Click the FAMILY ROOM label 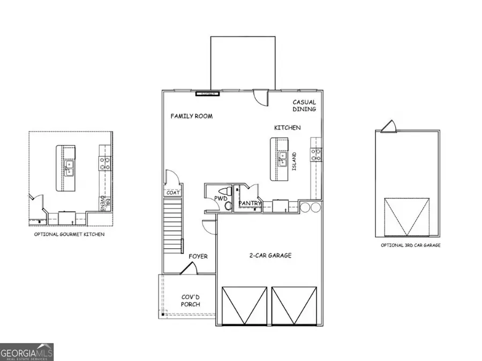(191, 116)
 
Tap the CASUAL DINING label (304, 105)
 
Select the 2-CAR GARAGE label (270, 256)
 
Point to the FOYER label (198, 257)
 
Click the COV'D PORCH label (190, 301)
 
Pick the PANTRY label (250, 203)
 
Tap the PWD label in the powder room (221, 199)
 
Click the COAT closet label (172, 193)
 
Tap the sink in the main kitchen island (282, 157)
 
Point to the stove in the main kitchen (317, 155)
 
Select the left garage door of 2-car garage (244, 305)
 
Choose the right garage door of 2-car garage (293, 305)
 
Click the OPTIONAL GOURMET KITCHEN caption (69, 234)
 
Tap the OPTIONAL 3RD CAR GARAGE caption (411, 245)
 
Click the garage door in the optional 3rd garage (407, 216)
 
